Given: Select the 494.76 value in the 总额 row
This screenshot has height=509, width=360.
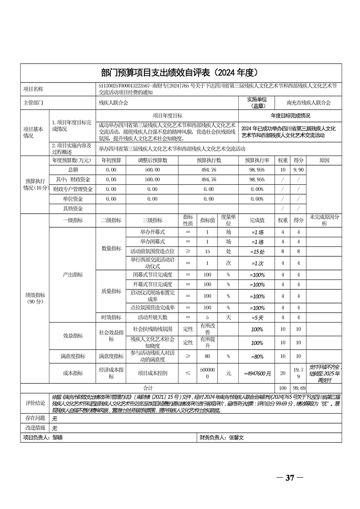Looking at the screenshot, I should pos(208,170).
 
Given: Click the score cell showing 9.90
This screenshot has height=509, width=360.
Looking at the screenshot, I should pos(298,170).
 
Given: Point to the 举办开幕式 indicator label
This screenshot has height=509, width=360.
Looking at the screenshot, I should pos(153,231).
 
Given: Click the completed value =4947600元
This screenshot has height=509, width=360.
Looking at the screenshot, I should pos(257,373).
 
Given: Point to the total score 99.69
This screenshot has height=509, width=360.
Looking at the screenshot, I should pos(298,388).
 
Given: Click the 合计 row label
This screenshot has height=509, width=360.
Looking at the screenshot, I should pos(148,388).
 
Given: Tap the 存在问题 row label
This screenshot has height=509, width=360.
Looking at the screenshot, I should pos(35,418).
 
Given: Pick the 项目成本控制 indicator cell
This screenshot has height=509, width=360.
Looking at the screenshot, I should pos(153,373).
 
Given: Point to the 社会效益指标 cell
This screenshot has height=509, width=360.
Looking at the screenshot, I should pos(111,336).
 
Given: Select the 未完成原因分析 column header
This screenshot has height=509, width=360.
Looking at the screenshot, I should pos(324,220).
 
